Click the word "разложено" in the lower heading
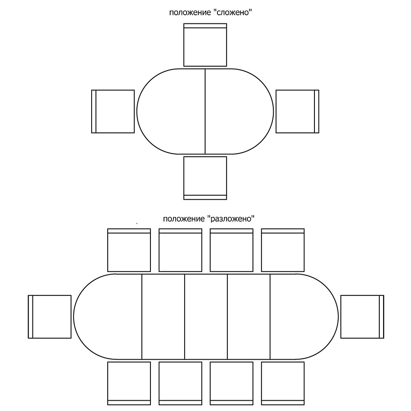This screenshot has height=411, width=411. [x=231, y=218]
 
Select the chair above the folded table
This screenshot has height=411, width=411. [x=205, y=45]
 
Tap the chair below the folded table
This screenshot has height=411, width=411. [x=205, y=178]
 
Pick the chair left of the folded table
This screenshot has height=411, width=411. [x=113, y=111]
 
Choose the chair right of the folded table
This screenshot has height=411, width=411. [x=297, y=111]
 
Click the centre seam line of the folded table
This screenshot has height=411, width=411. [x=205, y=111]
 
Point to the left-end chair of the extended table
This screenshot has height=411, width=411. [x=50, y=316]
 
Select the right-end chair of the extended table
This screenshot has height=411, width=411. [x=362, y=316]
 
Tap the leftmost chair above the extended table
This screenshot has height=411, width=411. [x=129, y=250]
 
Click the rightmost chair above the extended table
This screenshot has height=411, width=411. [x=283, y=250]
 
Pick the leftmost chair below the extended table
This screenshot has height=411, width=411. [x=129, y=383]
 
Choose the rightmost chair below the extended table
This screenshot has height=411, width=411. [x=283, y=383]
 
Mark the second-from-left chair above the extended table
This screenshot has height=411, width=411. [x=180, y=250]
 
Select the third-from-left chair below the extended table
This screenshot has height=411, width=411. [x=231, y=383]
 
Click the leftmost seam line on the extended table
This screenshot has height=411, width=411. [x=142, y=316]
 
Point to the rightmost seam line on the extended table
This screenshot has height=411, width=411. [x=270, y=316]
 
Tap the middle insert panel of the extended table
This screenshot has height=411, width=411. [x=206, y=316]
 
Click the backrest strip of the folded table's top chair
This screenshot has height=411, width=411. [x=205, y=25]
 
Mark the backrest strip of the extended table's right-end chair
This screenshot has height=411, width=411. [x=382, y=316]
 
